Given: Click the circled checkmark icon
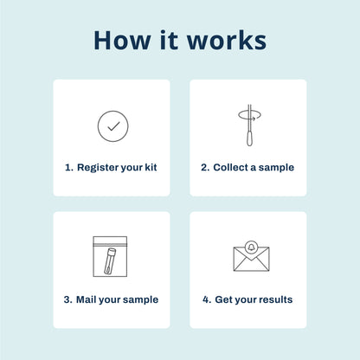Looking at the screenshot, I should point(112,125).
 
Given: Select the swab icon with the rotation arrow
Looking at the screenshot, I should point(247,126).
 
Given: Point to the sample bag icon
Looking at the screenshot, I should point(110,256).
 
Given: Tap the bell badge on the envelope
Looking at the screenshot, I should point(251,246).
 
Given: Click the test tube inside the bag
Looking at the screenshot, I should point(110,260).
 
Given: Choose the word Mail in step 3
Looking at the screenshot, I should point(88,300).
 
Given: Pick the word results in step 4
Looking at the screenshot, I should point(273,300).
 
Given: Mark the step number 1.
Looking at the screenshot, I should point(67,168).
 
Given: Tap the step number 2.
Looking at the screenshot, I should point(204,168).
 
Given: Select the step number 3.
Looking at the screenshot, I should point(67,300).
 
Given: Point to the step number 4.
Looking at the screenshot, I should point(206,300).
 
